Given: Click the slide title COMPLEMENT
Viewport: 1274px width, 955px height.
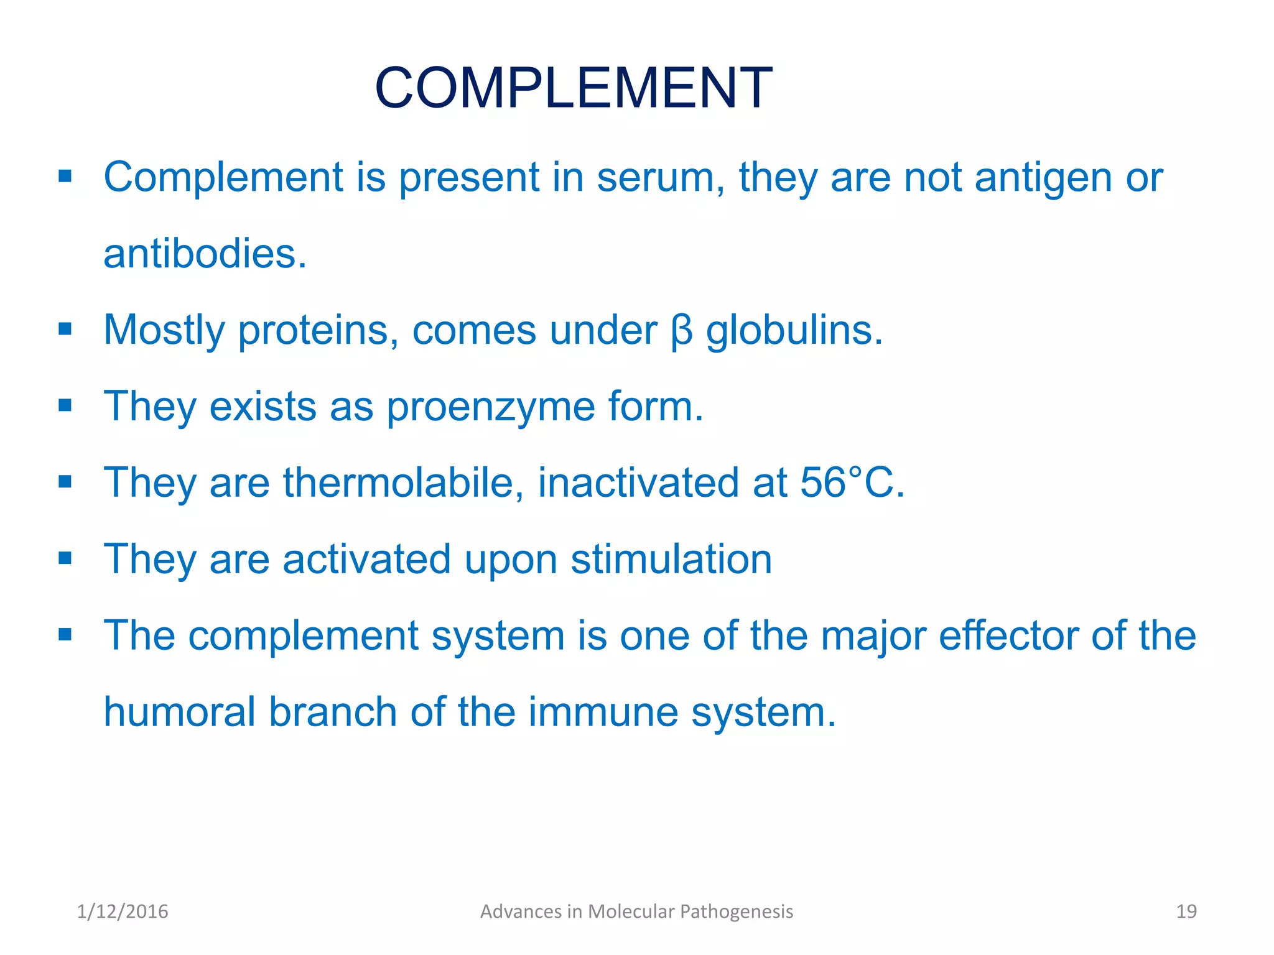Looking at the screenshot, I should pos(573,88).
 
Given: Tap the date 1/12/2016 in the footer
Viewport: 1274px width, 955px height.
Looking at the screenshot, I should pos(123,911).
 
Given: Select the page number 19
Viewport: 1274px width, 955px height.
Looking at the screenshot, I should pos(1186,911).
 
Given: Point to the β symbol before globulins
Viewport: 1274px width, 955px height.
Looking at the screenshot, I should pos(682,331).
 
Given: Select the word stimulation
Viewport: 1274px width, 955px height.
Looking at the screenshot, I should pos(671,559).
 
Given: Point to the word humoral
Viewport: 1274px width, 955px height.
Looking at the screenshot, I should pos(179,711).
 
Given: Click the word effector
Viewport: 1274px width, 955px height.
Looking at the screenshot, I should pos(1008,635).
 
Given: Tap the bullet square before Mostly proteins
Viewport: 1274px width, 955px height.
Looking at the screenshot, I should pos(65,329).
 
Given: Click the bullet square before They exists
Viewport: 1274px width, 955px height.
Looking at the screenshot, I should pos(65,405).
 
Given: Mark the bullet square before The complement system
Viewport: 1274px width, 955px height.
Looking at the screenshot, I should pos(65,635).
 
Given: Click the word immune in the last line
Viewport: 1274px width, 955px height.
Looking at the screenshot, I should pos(603,711).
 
